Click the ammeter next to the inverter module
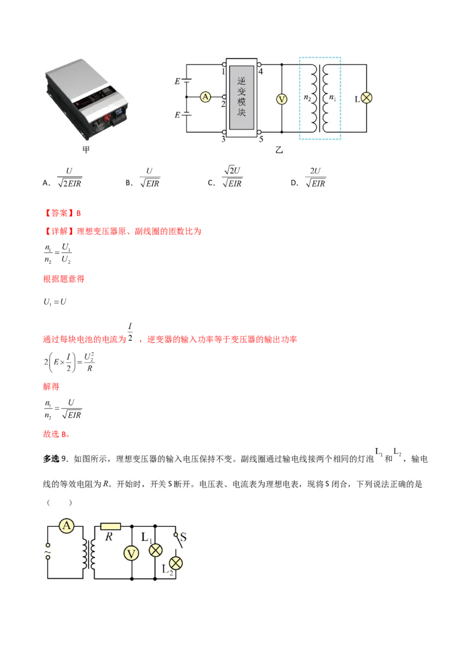point(205,97)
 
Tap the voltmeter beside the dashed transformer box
point(281,99)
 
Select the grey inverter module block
point(241,97)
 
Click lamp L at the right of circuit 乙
point(367,98)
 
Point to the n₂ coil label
point(307,98)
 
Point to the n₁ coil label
point(332,98)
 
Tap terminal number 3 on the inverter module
point(223,139)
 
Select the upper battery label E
point(177,82)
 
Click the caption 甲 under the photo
point(86,150)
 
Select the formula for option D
point(316,178)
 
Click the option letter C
point(211,183)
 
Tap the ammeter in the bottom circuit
point(67,526)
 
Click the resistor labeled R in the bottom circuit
point(111,526)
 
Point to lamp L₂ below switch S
point(176,562)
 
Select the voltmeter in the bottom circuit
point(131,553)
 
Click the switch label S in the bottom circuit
point(183,537)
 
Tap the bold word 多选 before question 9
point(51,459)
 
